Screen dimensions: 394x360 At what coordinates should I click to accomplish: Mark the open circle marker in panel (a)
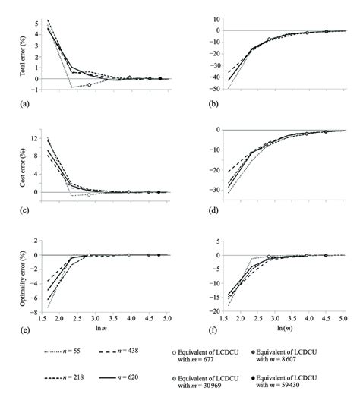[x=90, y=84]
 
